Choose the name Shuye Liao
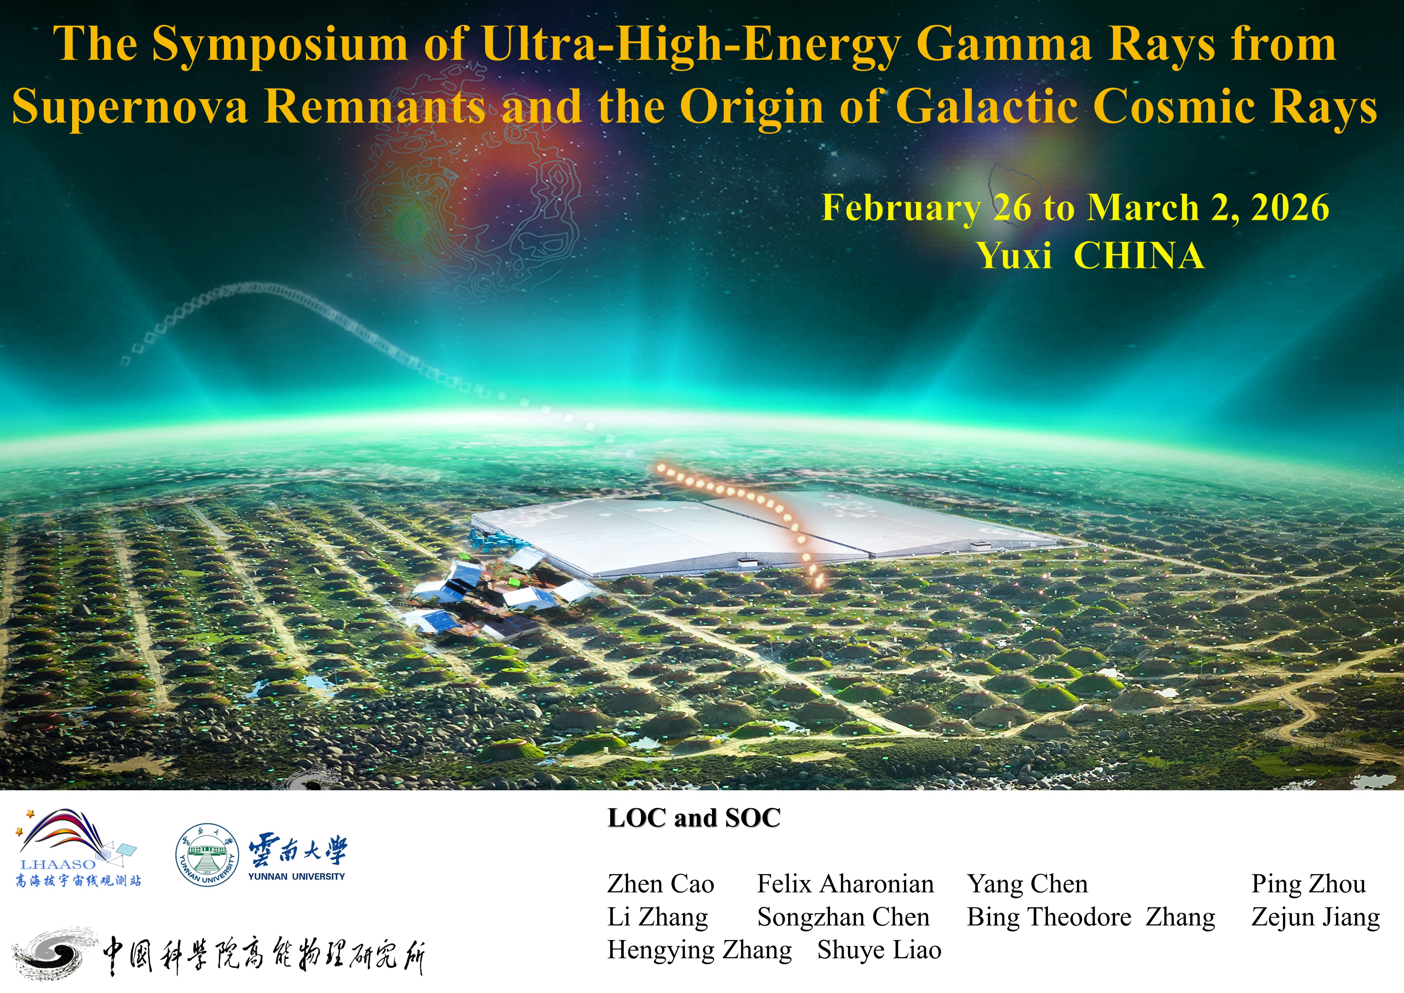(879, 950)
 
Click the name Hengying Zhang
(700, 950)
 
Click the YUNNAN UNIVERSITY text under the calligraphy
(297, 876)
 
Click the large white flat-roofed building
(764, 532)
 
